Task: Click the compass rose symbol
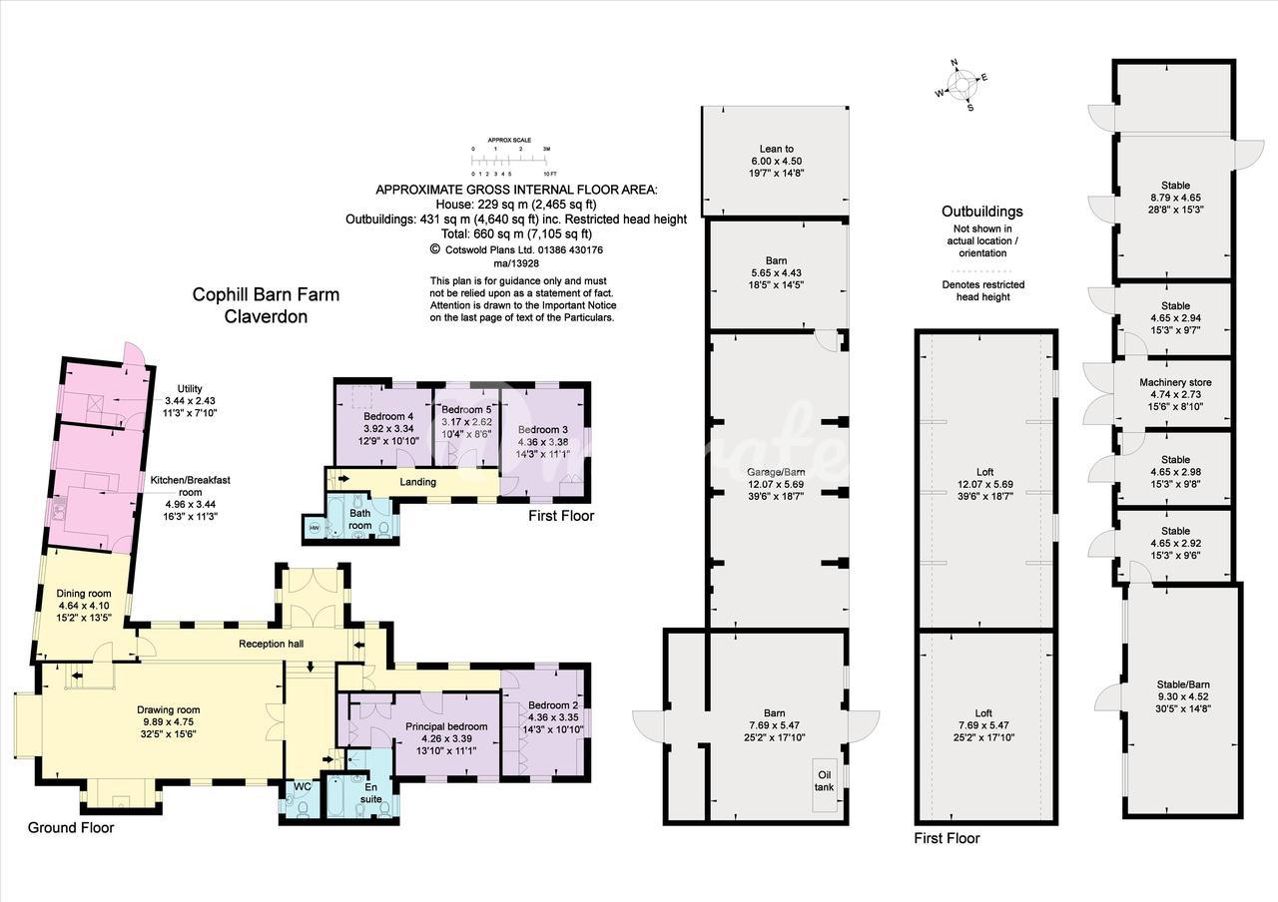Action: click(961, 86)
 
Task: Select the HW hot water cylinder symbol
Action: click(315, 528)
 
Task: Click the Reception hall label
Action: click(271, 644)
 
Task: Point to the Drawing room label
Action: click(169, 709)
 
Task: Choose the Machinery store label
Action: click(1175, 382)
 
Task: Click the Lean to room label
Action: click(777, 149)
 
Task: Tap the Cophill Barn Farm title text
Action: click(266, 294)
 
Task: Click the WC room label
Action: click(303, 786)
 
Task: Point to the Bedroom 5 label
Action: click(466, 409)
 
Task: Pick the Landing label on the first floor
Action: click(417, 482)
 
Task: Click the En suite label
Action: click(370, 792)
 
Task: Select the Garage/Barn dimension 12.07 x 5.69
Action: click(777, 484)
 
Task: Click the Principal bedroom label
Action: click(446, 726)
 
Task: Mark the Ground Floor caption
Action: click(71, 827)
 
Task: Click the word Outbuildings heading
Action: click(981, 212)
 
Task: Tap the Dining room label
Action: click(84, 594)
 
